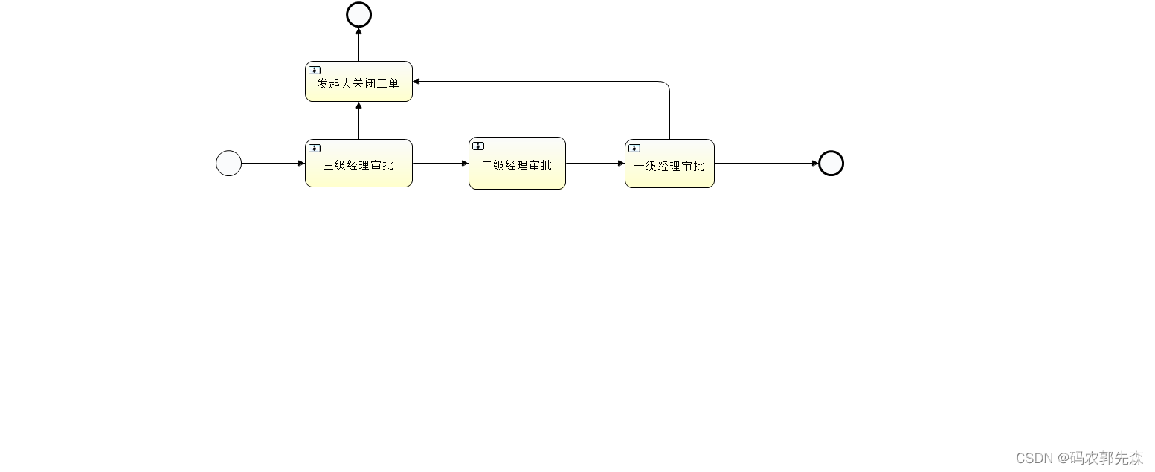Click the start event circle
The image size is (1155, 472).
point(228,163)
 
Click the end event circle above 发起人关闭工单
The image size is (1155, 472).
point(358,14)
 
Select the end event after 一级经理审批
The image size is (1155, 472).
point(831,163)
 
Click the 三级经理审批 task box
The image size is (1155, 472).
point(358,165)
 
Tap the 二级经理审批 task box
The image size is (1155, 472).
point(517,165)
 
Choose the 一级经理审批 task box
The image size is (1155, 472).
point(669,166)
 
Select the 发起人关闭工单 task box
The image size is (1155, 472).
point(358,83)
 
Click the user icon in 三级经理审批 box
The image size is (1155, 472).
point(315,148)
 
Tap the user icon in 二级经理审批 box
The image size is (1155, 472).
point(478,146)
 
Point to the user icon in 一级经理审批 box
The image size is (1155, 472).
point(634,148)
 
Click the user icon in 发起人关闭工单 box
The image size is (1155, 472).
point(315,70)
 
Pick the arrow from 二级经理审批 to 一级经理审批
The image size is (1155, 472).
point(595,163)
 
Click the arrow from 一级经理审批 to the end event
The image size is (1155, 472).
point(766,163)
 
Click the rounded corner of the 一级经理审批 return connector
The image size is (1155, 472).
point(667,84)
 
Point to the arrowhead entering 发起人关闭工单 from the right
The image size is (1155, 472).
point(417,81)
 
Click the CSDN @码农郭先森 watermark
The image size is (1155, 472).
point(1079,458)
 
